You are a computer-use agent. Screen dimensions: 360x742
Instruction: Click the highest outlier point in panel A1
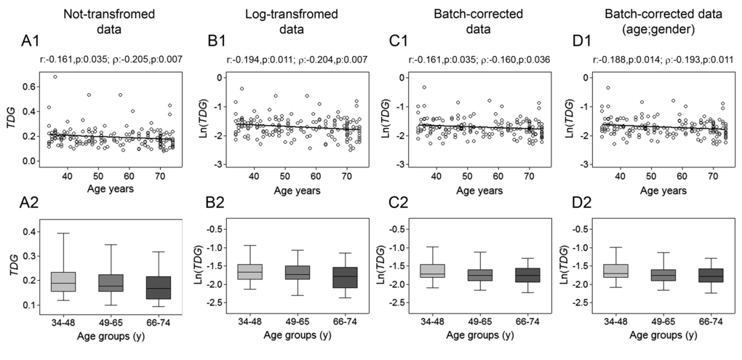coord(55,76)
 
